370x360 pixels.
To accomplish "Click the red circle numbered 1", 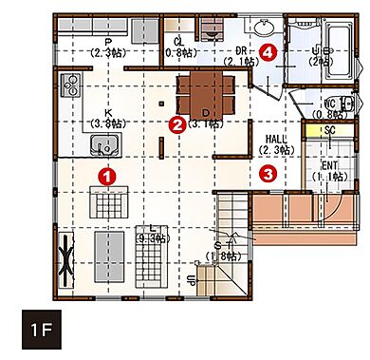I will coord(107,175).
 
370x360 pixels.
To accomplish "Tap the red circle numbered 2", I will coord(176,123).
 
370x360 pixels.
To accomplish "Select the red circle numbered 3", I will coord(268,174).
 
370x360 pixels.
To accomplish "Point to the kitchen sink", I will coord(103,146).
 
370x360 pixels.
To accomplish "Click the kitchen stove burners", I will coord(71,90).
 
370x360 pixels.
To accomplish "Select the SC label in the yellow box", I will coord(330,130).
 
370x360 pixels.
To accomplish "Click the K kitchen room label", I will coord(103,117).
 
